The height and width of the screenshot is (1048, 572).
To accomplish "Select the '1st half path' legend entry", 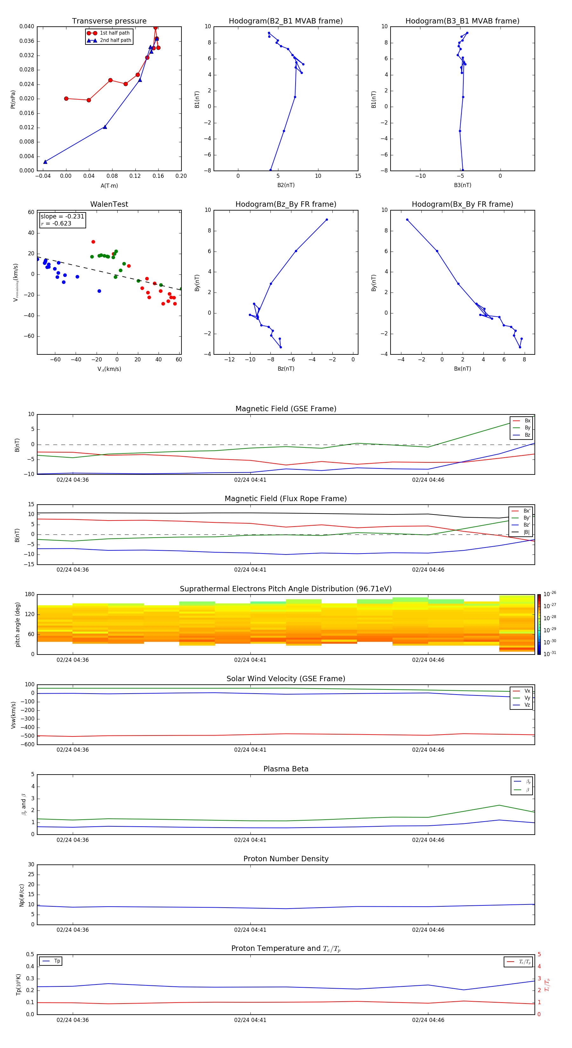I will point(114,33).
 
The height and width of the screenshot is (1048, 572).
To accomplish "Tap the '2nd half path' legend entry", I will point(115,40).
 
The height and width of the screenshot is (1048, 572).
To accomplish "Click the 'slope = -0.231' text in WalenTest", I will point(62,217).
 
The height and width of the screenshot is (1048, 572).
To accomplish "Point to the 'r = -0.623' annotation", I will point(56,223).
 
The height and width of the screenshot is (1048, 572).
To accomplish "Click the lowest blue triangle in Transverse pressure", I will point(45,162).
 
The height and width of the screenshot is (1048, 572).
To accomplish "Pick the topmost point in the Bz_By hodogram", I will point(326,220).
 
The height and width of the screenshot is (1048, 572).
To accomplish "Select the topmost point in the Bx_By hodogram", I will point(407,220).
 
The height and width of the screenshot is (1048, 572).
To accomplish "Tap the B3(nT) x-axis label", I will point(462,185).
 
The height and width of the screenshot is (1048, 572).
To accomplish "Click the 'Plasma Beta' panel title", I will point(286,769).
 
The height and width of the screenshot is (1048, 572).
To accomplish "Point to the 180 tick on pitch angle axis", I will point(30,595).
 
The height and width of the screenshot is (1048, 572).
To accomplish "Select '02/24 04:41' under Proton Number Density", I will point(250,930).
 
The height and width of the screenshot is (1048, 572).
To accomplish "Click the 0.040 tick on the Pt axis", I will point(27,26).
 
